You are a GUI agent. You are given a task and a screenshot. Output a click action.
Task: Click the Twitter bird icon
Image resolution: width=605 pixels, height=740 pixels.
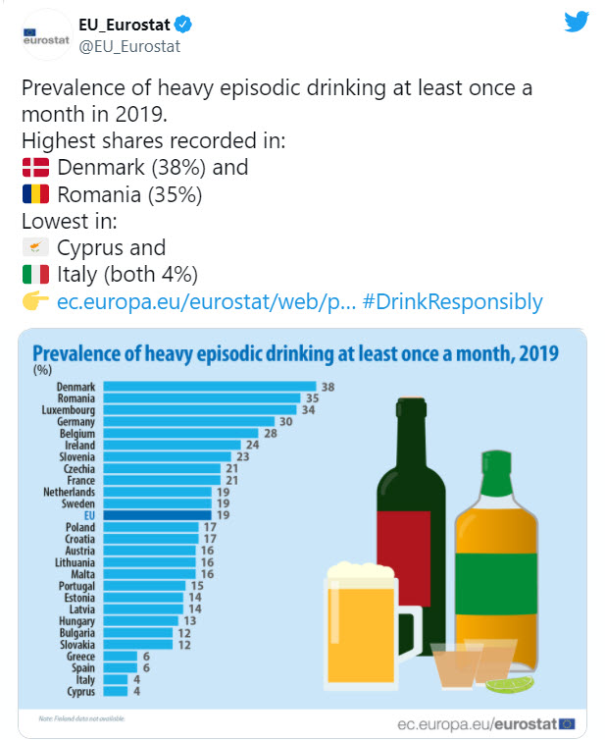click(x=577, y=22)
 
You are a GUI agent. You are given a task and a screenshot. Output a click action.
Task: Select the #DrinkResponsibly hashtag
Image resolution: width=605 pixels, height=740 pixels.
click(x=452, y=301)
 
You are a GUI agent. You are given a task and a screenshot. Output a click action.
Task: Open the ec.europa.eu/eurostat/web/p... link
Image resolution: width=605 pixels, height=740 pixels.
click(x=201, y=301)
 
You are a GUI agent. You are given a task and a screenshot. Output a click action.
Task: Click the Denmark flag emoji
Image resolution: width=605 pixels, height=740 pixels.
click(x=36, y=167)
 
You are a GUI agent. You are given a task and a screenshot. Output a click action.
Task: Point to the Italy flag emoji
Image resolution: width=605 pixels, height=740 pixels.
click(x=36, y=274)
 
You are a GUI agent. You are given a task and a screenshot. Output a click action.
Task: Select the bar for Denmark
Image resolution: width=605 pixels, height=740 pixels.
click(x=209, y=387)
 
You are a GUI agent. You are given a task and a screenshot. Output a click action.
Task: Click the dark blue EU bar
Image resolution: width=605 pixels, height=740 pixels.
click(x=156, y=514)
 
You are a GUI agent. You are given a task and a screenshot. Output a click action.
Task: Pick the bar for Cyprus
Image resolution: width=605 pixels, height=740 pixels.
click(x=115, y=692)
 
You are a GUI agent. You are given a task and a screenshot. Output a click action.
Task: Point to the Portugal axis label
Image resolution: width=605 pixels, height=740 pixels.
click(x=76, y=586)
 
